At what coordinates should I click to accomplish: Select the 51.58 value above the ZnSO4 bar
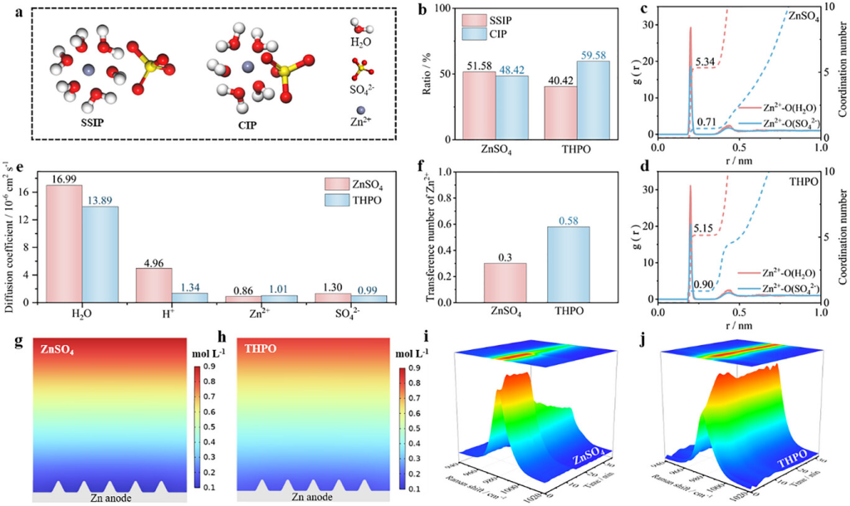point(479,65)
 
